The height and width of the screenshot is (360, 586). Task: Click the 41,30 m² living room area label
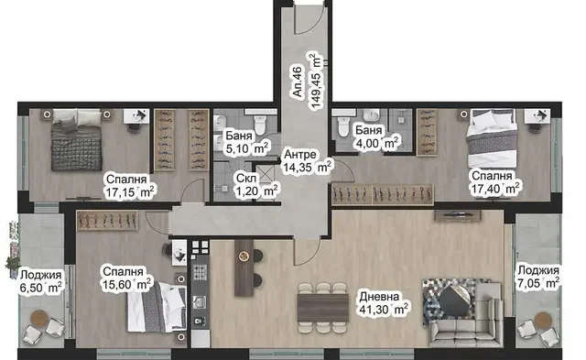point(383,310)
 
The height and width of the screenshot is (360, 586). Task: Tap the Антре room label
point(300,154)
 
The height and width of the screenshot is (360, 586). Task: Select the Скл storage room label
point(246,178)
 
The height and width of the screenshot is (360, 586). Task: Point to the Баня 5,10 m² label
point(246,142)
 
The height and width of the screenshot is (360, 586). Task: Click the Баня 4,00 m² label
point(376,136)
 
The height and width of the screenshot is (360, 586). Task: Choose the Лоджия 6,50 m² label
point(40,281)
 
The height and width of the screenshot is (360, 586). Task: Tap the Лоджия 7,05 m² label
point(538,277)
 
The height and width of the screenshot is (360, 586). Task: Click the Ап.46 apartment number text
point(297,82)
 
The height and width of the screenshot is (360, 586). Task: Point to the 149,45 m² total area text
point(316,82)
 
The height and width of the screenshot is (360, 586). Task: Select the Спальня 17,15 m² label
point(129,186)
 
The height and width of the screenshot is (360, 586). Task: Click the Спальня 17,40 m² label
point(494,182)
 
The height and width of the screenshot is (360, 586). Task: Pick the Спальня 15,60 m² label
point(126,278)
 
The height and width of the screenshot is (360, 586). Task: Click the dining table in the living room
point(323,308)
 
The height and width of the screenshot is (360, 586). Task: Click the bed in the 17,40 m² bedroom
point(492,138)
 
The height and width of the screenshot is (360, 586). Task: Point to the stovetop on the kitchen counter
point(200,272)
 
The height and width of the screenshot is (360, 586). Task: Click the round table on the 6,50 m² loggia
point(39,319)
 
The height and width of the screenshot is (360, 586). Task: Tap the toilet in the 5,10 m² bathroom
point(259,124)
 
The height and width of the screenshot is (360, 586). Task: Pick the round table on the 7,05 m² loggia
point(543,321)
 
